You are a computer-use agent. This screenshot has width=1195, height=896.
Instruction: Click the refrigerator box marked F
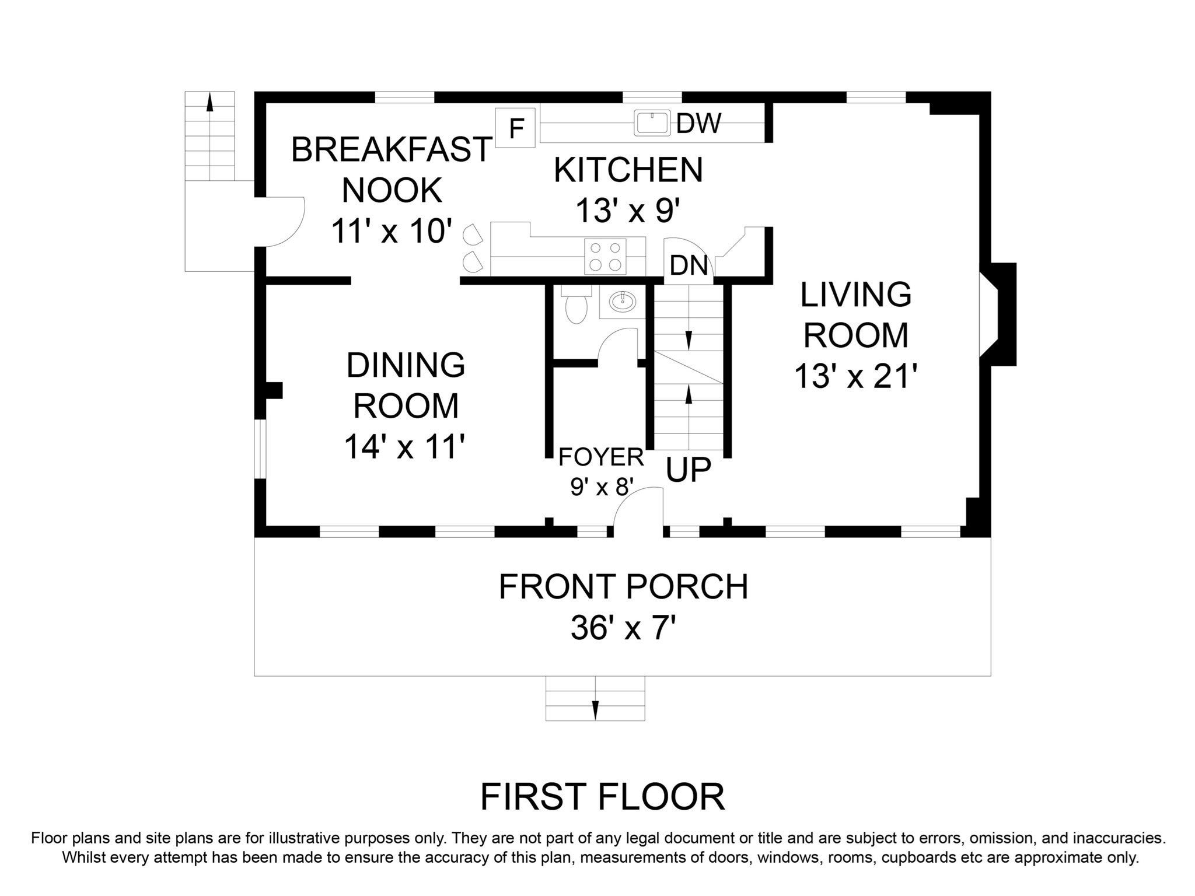(516, 128)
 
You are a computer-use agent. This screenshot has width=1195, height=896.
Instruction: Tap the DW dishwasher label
(698, 123)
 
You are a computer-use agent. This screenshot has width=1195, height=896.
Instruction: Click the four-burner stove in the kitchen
(605, 256)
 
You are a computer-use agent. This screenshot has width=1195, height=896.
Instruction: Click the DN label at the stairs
(689, 265)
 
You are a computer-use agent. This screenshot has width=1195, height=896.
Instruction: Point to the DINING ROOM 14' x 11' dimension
(405, 446)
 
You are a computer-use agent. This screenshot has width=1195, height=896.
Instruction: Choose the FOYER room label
(601, 457)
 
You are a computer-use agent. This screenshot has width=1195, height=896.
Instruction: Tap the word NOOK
(392, 190)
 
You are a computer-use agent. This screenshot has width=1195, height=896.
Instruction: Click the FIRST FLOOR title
(602, 797)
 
